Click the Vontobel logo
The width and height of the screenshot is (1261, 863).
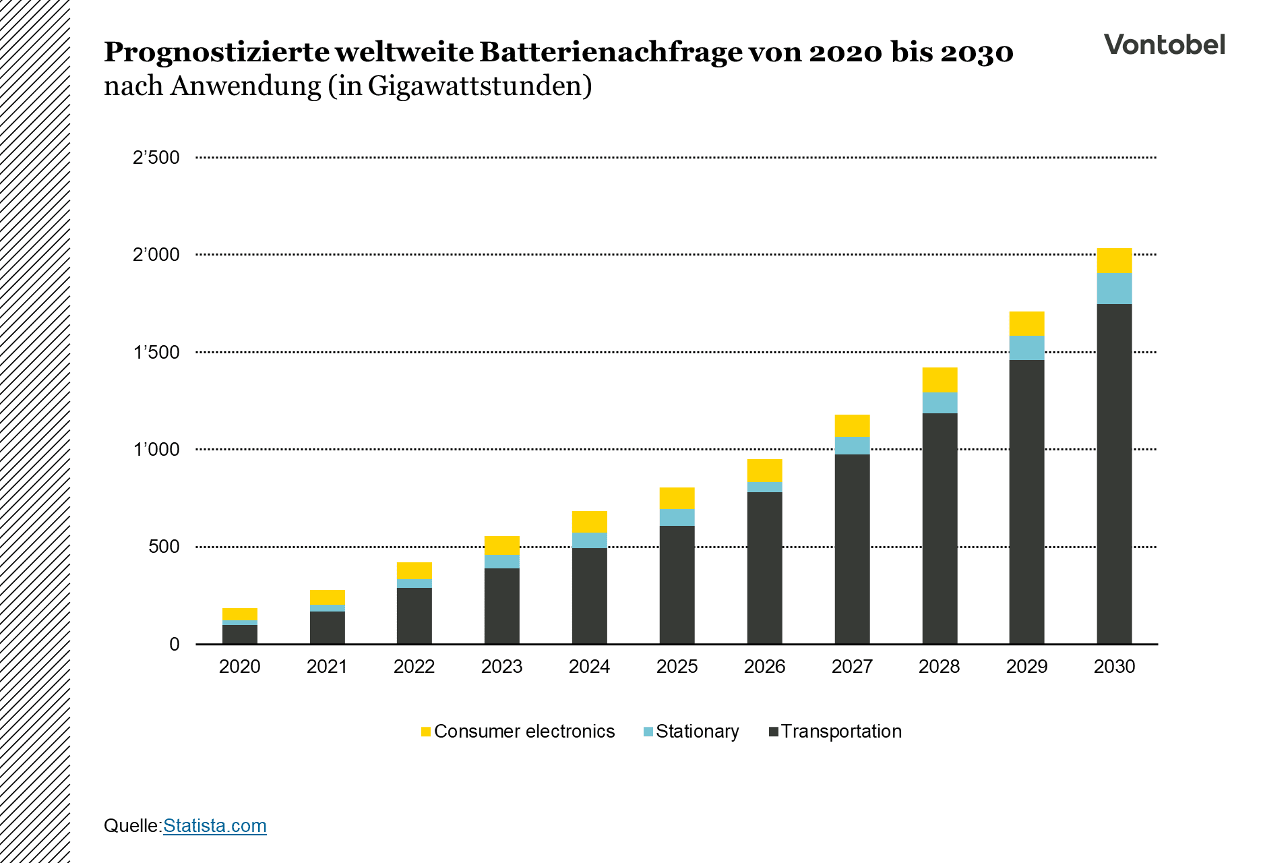point(1164,44)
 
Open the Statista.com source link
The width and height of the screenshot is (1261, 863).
point(214,825)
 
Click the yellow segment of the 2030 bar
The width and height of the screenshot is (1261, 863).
point(1114,260)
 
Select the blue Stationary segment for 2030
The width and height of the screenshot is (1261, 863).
point(1114,289)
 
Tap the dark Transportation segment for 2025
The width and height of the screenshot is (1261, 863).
point(677,585)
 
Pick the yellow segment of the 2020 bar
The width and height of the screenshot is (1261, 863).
point(239,614)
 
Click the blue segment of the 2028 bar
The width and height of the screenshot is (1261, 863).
point(940,403)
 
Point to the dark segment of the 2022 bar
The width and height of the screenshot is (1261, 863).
point(414,616)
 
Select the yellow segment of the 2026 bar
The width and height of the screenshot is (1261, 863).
point(764,471)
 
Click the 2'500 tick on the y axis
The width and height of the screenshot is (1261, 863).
point(156,158)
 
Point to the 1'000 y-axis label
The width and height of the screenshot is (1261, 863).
point(156,449)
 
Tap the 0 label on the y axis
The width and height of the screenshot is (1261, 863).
point(174,644)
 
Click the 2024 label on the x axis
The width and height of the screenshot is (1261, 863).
point(589,666)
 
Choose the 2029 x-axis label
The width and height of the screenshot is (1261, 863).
point(1026,666)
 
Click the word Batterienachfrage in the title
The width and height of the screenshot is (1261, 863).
point(611,52)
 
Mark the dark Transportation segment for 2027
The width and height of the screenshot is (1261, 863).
point(852,549)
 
